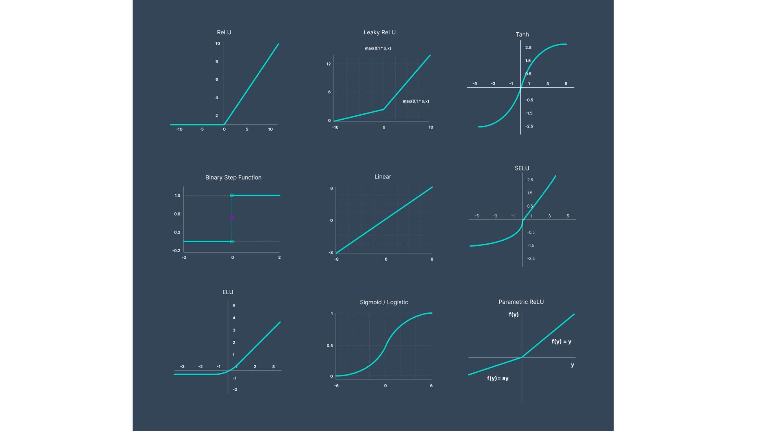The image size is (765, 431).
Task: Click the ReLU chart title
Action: click(224, 32)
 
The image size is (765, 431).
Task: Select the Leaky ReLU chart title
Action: click(379, 32)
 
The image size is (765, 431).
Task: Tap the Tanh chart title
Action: click(522, 34)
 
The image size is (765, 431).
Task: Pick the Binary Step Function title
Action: click(233, 177)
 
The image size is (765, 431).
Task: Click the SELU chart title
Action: click(522, 168)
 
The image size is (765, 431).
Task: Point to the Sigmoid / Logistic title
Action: click(384, 302)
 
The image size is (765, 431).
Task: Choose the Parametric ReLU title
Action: click(521, 302)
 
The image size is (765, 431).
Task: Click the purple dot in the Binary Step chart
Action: click(232, 217)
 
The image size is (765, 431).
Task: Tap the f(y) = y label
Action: click(561, 341)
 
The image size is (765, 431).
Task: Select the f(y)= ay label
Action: click(498, 378)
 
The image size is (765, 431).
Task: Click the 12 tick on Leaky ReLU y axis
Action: click(329, 64)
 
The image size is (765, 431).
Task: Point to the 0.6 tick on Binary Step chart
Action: click(177, 214)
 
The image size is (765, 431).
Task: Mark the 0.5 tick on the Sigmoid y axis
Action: click(330, 346)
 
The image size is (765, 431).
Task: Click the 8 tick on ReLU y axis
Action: click(217, 61)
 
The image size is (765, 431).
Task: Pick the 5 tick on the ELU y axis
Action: click(234, 306)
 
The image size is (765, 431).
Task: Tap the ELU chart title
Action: click(228, 292)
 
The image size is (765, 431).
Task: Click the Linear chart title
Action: click(382, 176)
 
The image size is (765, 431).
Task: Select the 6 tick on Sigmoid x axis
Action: click(431, 386)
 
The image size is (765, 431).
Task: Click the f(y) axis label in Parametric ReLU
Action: click(514, 314)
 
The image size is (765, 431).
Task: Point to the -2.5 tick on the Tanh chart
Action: click(529, 126)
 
